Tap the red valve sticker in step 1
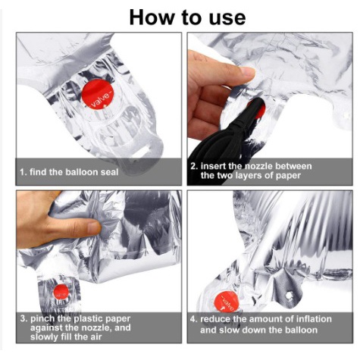pyautogui.click(x=98, y=94)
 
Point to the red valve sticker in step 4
pyautogui.click(x=227, y=302)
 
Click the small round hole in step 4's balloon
pyautogui.click(x=290, y=295)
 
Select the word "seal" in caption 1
pyautogui.click(x=109, y=172)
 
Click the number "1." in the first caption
pyautogui.click(x=23, y=172)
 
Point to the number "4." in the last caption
pyautogui.click(x=193, y=319)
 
